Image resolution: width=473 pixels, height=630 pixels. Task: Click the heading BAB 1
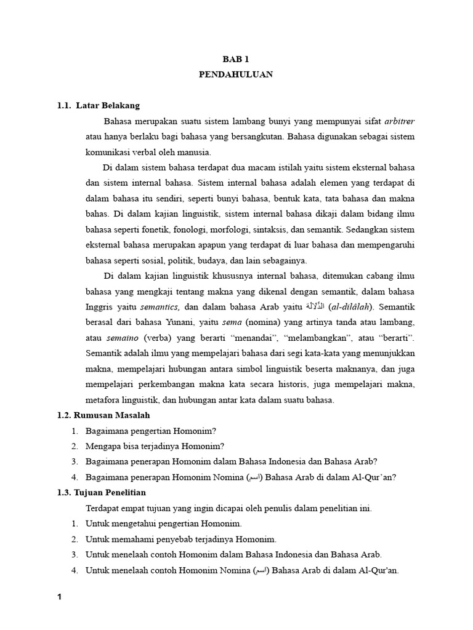pyautogui.click(x=236, y=58)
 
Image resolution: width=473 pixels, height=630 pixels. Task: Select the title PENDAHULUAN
pyautogui.click(x=236, y=74)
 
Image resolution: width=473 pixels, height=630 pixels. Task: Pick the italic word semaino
pyautogui.click(x=123, y=338)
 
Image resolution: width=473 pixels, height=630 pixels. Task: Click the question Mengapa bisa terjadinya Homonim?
pyautogui.click(x=155, y=446)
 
